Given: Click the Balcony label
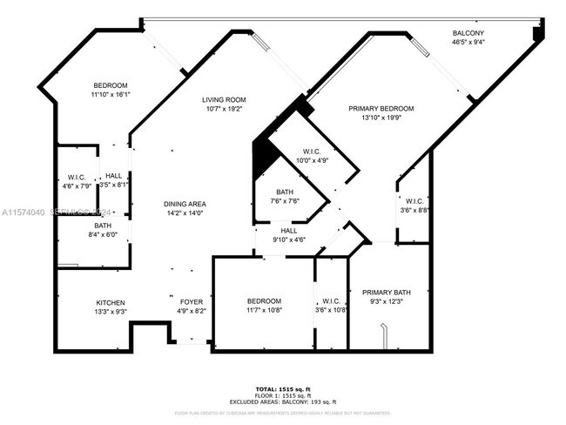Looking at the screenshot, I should [468, 32].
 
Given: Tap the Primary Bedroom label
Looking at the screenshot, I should [381, 108].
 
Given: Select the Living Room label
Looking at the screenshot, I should [225, 99].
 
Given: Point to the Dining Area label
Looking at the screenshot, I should [185, 204].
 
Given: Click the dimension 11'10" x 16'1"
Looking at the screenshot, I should [111, 94].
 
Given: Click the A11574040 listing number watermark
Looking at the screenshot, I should [25, 212].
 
